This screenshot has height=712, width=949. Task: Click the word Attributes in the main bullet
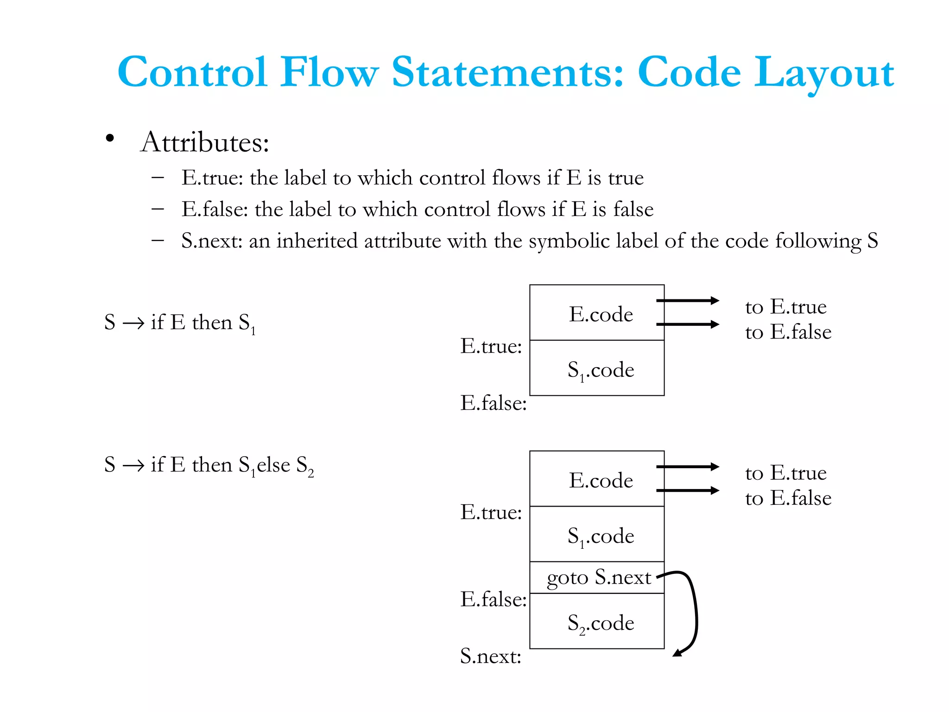tap(205, 142)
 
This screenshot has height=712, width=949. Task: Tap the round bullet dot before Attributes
tap(110, 138)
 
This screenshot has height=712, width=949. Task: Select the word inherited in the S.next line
tap(320, 241)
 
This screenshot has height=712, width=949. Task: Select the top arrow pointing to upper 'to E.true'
tap(688, 300)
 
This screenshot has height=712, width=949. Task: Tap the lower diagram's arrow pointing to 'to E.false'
tap(688, 490)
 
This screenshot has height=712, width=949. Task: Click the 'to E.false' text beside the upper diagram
tap(788, 332)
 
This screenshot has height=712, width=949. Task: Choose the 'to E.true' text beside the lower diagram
tap(786, 473)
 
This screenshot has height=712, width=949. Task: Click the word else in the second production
tap(273, 464)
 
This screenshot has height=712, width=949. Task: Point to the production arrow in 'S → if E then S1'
tap(133, 323)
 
